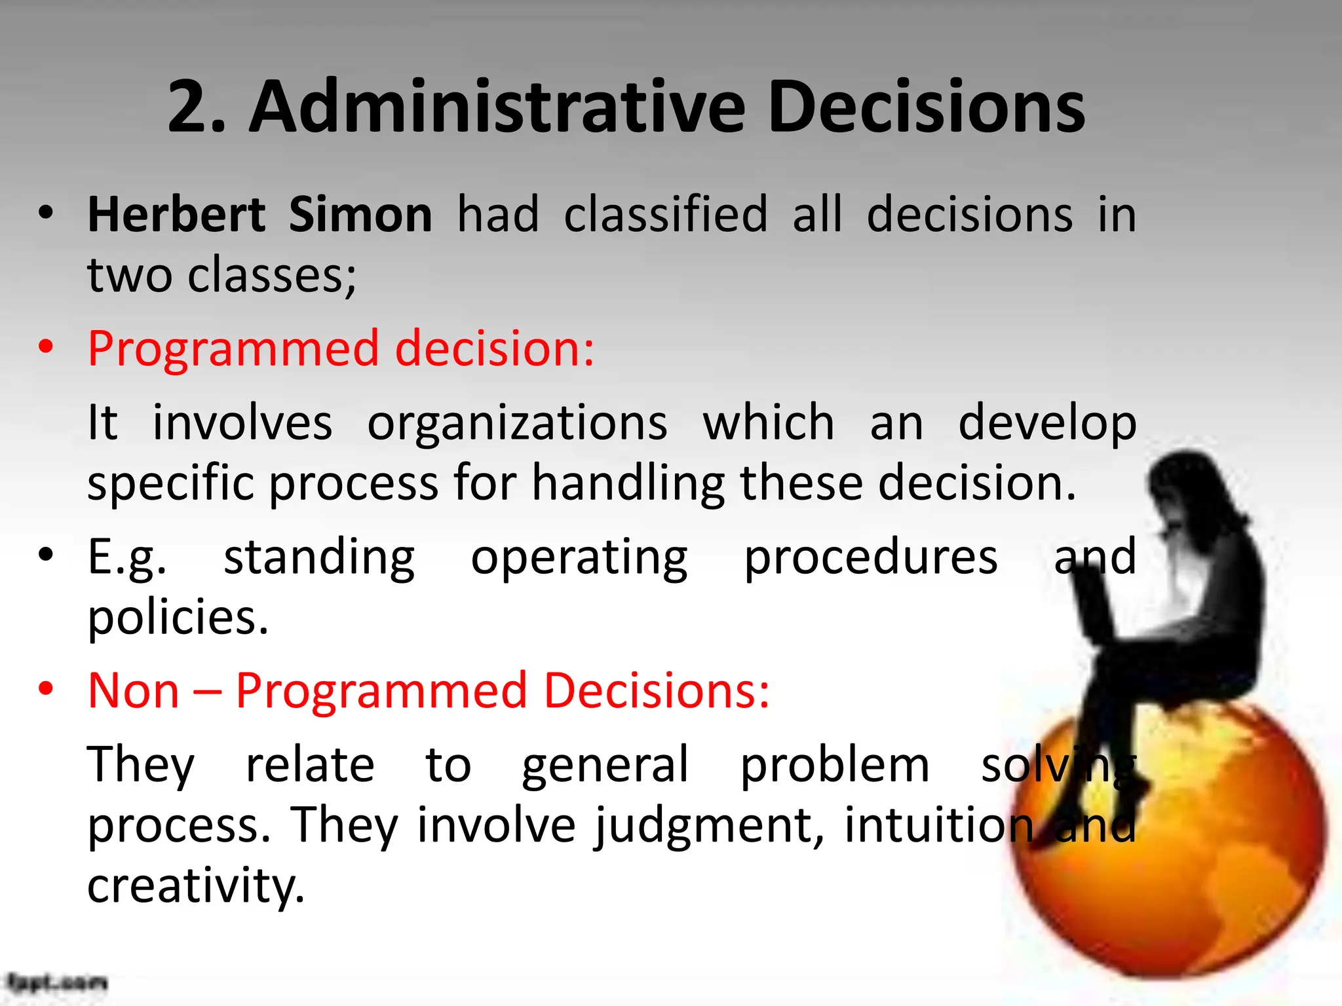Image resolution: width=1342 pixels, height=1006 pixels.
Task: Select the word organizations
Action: click(x=517, y=423)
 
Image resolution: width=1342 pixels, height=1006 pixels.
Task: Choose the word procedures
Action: click(x=871, y=557)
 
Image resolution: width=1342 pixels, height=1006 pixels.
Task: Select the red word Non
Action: click(x=134, y=690)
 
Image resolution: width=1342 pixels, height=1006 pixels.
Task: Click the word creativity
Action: click(x=196, y=885)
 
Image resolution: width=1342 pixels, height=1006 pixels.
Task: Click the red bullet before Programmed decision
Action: click(x=45, y=347)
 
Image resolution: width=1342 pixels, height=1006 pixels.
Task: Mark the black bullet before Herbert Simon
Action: click(x=45, y=213)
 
